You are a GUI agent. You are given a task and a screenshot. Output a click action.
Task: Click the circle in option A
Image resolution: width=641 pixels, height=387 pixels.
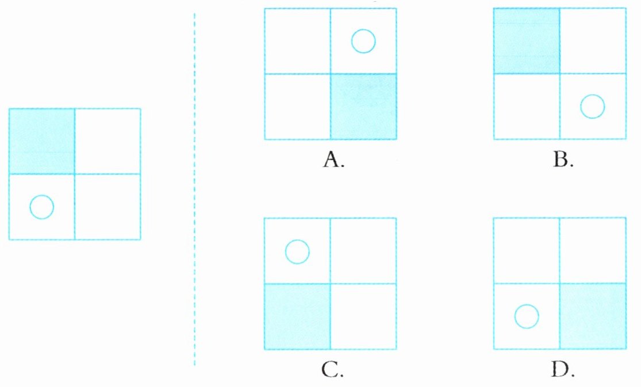[363, 41]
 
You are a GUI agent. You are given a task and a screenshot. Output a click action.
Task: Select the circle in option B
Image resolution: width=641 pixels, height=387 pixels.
[593, 107]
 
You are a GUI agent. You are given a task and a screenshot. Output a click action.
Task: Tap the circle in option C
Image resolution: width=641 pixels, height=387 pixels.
[297, 251]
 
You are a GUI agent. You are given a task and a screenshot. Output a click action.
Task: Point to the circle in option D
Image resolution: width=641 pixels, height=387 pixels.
[527, 316]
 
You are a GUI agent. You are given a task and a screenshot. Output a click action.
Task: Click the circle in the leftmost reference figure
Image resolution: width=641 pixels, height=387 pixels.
[41, 207]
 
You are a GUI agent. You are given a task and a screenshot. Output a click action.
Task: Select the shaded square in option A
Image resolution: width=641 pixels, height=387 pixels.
[363, 106]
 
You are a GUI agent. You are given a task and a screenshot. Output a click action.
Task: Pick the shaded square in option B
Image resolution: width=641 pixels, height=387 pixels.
[527, 41]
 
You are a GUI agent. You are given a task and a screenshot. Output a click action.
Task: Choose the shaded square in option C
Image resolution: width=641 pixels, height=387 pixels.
[297, 316]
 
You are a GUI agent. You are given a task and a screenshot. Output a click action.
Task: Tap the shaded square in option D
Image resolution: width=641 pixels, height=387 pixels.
[593, 316]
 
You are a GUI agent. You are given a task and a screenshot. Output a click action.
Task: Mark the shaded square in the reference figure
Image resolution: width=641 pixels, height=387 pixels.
[41, 141]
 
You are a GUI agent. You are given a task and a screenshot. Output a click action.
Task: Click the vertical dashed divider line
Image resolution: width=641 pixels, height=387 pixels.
[195, 189]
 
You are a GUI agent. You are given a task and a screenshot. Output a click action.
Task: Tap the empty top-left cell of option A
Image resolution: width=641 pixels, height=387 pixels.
[297, 41]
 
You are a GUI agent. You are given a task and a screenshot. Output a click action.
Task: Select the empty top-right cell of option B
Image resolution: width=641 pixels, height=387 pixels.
[593, 41]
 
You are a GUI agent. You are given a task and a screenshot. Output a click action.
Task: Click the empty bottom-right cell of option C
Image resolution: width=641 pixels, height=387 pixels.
[363, 316]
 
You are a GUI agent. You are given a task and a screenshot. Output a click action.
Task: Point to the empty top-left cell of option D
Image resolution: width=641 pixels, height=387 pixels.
[527, 250]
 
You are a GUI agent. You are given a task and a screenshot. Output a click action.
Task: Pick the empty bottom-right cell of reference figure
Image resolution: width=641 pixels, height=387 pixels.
[108, 207]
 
